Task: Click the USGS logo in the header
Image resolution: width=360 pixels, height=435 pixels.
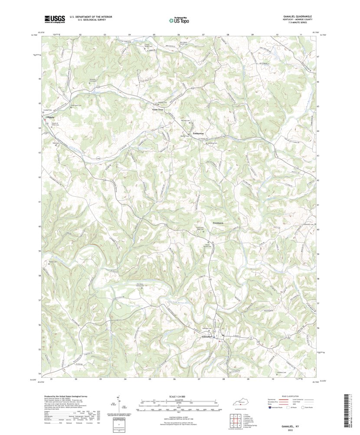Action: (x=54, y=19)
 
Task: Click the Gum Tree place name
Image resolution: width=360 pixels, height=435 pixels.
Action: (x=157, y=110)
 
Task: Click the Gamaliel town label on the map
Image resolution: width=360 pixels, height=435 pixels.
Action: (x=207, y=336)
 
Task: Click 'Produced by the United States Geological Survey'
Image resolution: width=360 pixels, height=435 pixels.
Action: (x=65, y=396)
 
